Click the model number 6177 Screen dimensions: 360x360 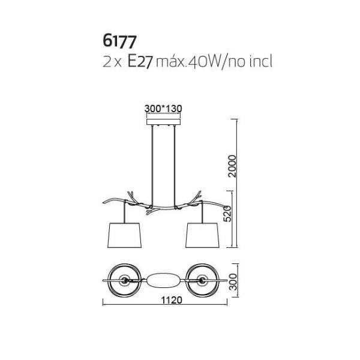click(x=119, y=42)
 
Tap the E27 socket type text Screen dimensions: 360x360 click(x=140, y=62)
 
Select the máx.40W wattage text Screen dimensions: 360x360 click(x=188, y=62)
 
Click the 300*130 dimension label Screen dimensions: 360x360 click(x=163, y=109)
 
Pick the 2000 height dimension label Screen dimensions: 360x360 click(x=232, y=166)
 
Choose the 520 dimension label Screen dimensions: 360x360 click(x=227, y=214)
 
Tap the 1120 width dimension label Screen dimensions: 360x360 click(x=172, y=300)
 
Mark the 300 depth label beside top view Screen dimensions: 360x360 click(x=233, y=282)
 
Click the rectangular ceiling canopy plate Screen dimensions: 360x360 click(x=163, y=122)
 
